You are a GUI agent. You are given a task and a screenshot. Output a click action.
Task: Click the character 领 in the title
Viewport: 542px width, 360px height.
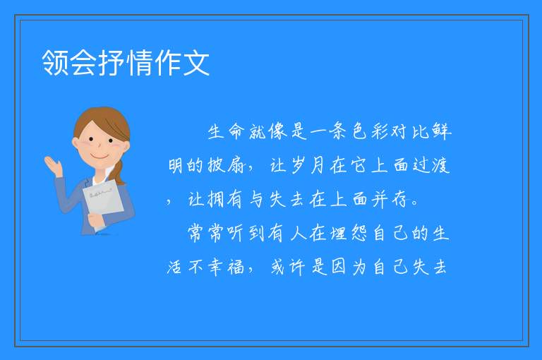55,63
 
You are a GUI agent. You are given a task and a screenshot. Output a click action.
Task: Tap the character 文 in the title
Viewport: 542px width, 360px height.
196,63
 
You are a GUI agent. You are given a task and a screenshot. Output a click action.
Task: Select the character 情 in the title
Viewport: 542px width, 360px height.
140,63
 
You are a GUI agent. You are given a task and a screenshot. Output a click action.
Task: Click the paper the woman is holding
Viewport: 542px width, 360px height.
103,201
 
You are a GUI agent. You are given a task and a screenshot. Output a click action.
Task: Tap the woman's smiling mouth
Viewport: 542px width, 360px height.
100,157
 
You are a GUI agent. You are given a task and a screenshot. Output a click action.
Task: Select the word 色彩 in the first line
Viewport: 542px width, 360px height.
369,131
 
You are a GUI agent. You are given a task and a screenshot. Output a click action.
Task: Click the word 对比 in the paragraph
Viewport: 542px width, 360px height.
410,131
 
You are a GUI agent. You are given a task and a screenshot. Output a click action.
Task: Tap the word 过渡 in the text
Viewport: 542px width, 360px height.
430,165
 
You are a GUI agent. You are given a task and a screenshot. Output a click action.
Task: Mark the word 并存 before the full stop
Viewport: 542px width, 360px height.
390,200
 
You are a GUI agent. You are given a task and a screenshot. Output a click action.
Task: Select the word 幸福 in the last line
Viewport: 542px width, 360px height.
226,268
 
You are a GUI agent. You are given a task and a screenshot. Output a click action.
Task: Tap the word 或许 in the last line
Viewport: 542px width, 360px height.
288,268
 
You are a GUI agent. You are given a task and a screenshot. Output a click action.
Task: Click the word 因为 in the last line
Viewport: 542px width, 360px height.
349,268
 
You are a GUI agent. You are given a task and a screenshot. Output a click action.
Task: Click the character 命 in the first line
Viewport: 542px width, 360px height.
236,131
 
